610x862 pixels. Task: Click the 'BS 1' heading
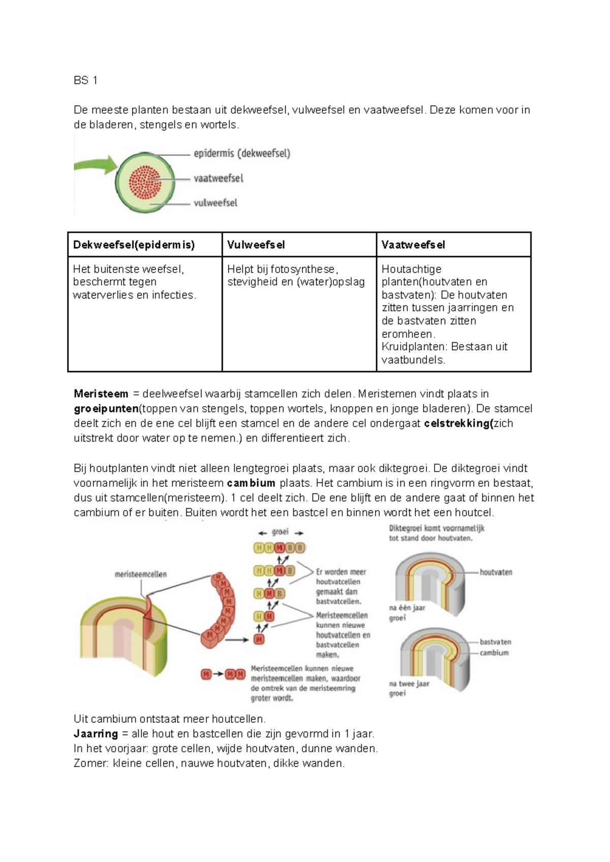85,80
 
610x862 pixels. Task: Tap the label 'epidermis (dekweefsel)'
242,153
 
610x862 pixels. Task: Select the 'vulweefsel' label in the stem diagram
216,203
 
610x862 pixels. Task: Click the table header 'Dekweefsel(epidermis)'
134,245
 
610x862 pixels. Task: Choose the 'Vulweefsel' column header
256,245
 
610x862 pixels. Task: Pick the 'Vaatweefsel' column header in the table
413,245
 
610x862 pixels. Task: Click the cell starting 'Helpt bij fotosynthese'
296,276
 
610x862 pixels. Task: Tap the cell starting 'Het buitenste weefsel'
134,282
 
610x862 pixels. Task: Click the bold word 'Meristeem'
101,394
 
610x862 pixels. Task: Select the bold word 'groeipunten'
106,409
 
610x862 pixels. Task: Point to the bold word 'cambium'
251,483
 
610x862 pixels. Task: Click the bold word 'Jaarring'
96,734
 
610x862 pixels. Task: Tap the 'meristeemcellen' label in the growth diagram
140,574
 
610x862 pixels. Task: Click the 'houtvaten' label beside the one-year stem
496,572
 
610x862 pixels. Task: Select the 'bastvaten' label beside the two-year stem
495,642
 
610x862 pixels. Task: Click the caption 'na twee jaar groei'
409,688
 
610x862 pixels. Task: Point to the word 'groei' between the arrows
280,532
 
